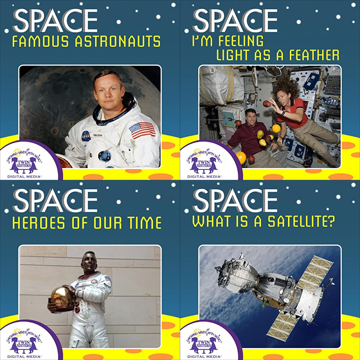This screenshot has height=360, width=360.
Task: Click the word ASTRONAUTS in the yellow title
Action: [118, 41]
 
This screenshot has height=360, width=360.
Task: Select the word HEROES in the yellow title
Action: [39, 223]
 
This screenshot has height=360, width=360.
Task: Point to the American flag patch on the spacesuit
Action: [142, 130]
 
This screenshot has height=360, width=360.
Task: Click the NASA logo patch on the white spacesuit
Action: [86, 136]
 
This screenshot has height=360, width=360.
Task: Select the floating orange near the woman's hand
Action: [276, 129]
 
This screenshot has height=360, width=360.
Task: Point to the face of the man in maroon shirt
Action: [251, 117]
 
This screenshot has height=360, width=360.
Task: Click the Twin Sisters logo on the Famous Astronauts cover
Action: [24, 163]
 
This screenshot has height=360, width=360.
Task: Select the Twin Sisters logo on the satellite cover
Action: [204, 343]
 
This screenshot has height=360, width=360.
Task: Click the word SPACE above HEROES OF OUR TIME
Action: [55, 201]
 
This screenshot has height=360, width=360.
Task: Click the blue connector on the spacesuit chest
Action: [105, 156]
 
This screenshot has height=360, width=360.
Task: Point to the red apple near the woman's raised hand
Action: [266, 104]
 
